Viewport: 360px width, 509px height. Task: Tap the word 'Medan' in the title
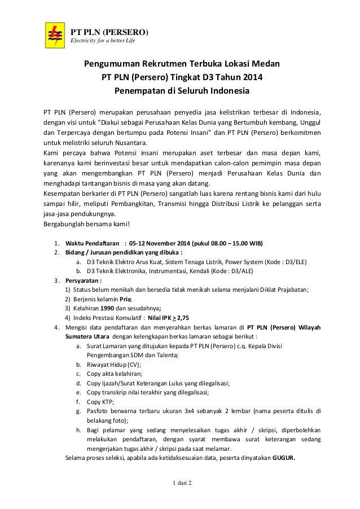pos(266,63)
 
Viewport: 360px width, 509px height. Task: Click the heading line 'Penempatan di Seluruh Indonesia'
pos(182,90)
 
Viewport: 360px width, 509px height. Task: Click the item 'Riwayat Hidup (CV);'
pos(114,364)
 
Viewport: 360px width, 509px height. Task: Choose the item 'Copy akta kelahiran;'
pos(115,374)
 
